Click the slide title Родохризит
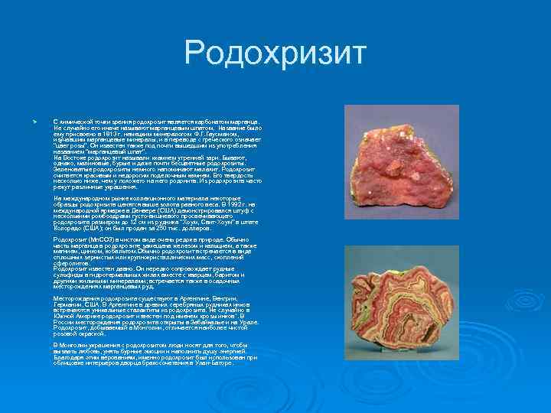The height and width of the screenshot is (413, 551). (275, 54)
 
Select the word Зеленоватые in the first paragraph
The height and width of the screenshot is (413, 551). (70, 168)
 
